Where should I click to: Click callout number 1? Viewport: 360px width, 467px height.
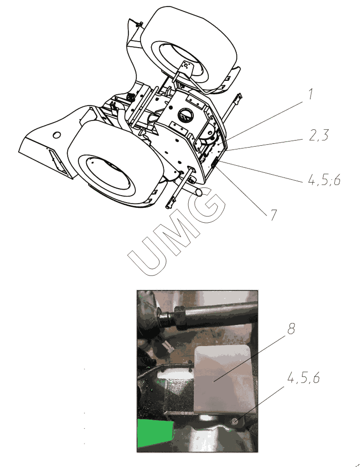pos(311,94)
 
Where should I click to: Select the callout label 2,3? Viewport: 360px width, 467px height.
pos(319,135)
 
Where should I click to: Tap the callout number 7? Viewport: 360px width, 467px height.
pos(273,214)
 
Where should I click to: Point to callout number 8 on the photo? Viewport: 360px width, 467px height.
pos(291,329)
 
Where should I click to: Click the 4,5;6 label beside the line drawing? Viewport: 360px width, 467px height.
pos(324,180)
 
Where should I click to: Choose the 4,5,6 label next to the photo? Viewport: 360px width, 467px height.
pos(304,378)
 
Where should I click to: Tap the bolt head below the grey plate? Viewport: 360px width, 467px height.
pos(234,421)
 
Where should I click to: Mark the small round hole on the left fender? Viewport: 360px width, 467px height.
pos(56,135)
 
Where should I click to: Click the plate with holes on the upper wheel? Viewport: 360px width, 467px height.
pos(186,66)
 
